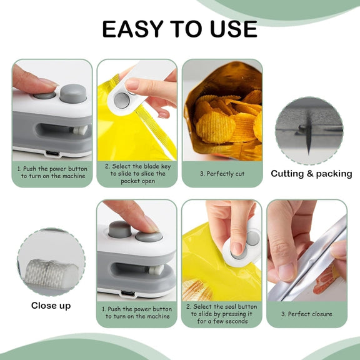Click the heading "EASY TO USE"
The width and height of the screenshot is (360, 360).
pyautogui.click(x=179, y=29)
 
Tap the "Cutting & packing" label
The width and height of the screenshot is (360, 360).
pyautogui.click(x=311, y=174)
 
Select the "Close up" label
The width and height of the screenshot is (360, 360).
pyautogui.click(x=51, y=306)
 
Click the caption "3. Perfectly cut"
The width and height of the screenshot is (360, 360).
pyautogui.click(x=222, y=174)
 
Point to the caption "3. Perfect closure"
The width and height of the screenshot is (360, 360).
pyautogui.click(x=307, y=314)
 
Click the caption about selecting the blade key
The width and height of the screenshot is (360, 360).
pyautogui.click(x=137, y=174)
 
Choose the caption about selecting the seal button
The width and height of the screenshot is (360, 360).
pyautogui.click(x=222, y=314)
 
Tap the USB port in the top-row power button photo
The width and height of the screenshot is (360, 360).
pyautogui.click(x=52, y=153)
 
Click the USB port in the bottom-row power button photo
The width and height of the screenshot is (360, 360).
pyautogui.click(x=128, y=293)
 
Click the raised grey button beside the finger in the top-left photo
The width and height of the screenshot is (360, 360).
pyautogui.click(x=73, y=92)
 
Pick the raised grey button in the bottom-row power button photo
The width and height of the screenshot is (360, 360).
pyautogui.click(x=120, y=229)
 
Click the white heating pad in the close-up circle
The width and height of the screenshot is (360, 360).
pyautogui.click(x=52, y=273)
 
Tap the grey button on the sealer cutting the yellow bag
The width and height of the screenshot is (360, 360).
pyautogui.click(x=122, y=101)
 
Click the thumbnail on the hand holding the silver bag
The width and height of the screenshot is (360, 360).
pyautogui.click(x=286, y=272)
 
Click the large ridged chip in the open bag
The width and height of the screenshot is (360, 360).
pyautogui.click(x=215, y=126)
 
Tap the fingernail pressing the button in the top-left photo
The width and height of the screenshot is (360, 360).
pyautogui.click(x=49, y=82)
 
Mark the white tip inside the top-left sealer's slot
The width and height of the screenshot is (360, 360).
pyautogui.click(x=80, y=130)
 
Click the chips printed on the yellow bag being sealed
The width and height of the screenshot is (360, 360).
pyautogui.click(x=196, y=290)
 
